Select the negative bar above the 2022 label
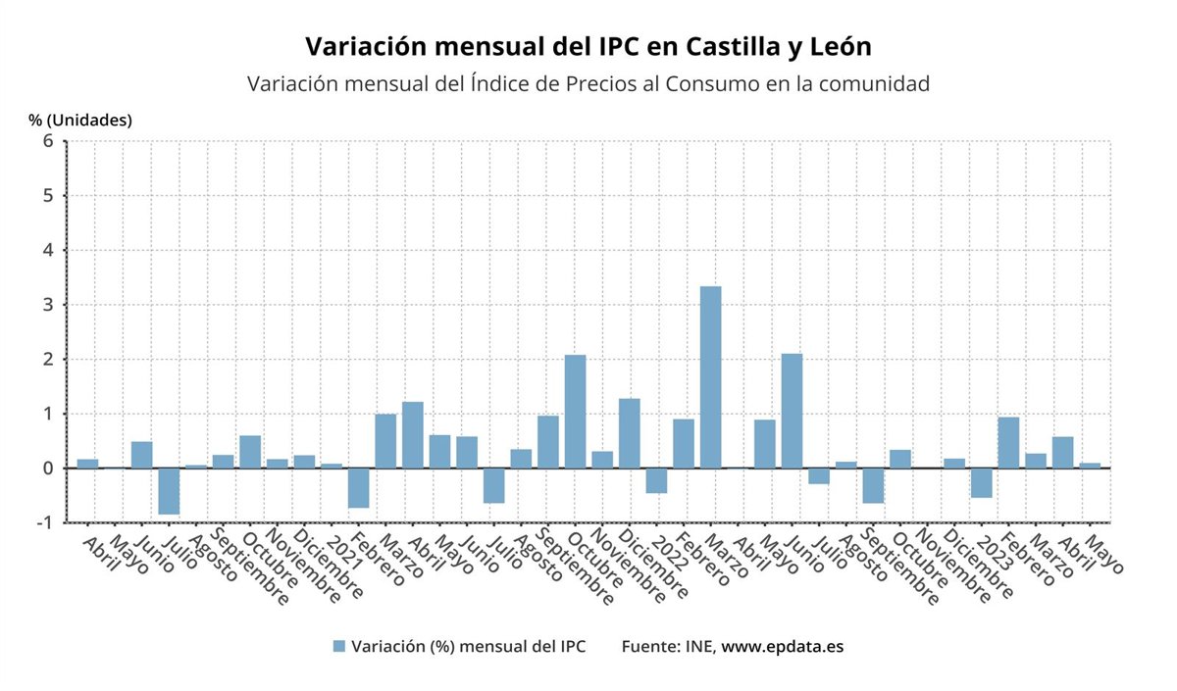click(x=656, y=480)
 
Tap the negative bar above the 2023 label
click(x=981, y=482)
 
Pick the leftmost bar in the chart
click(x=87, y=464)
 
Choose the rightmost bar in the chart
click(x=1090, y=466)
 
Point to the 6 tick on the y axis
click(x=46, y=141)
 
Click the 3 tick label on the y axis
click(x=46, y=305)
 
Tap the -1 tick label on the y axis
click(x=43, y=522)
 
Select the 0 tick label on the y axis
click(x=46, y=469)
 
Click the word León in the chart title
click(x=832, y=47)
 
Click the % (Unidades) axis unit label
click(x=80, y=121)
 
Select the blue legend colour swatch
click(x=339, y=647)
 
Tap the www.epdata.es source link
click(x=783, y=647)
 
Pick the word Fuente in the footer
click(x=650, y=647)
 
